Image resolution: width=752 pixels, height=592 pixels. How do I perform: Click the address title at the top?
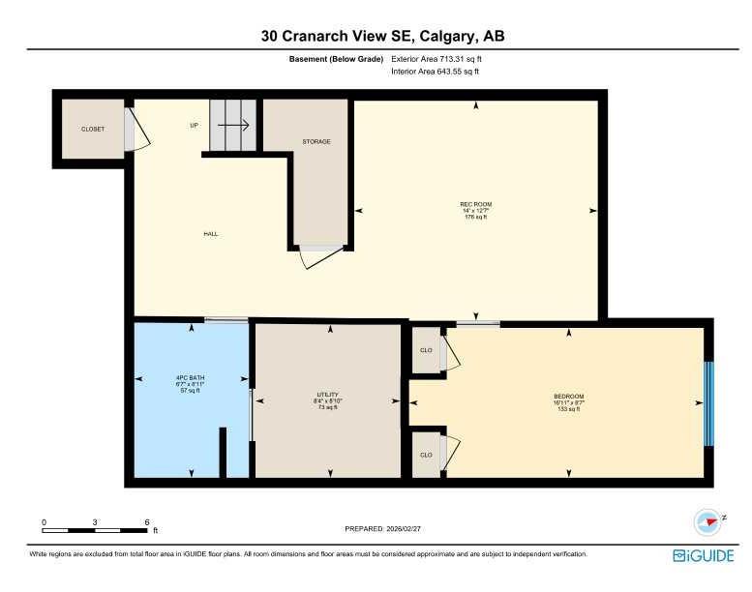pyautogui.click(x=381, y=36)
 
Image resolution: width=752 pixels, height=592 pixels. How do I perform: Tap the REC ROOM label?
pyautogui.click(x=475, y=204)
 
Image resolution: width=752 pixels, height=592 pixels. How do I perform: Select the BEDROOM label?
pyautogui.click(x=568, y=397)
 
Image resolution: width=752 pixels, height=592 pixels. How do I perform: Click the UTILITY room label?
pyautogui.click(x=327, y=396)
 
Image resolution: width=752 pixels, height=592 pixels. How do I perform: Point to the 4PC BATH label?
pyautogui.click(x=190, y=377)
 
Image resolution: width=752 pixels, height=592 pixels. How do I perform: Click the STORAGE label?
pyautogui.click(x=316, y=142)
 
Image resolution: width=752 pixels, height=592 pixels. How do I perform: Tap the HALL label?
pyautogui.click(x=210, y=234)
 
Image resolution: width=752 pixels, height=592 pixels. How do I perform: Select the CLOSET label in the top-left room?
pyautogui.click(x=93, y=129)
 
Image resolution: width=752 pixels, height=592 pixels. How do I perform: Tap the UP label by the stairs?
pyautogui.click(x=194, y=125)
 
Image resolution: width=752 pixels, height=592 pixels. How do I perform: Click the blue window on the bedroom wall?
pyautogui.click(x=708, y=403)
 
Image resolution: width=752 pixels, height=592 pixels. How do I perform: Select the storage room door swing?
pyautogui.click(x=321, y=256)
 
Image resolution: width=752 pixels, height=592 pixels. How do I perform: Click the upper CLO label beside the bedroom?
pyautogui.click(x=425, y=351)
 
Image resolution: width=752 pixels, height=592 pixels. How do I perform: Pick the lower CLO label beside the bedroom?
pyautogui.click(x=425, y=454)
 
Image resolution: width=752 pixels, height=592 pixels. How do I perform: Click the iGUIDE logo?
pyautogui.click(x=702, y=555)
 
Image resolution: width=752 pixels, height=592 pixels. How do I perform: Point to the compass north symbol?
pyautogui.click(x=709, y=520)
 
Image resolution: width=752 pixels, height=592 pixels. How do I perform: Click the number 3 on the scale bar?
pyautogui.click(x=95, y=522)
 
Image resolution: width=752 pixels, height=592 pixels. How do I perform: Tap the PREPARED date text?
pyautogui.click(x=384, y=528)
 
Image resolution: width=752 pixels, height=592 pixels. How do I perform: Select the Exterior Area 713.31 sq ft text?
pyautogui.click(x=436, y=59)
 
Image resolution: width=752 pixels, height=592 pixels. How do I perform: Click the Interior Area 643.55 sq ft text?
pyautogui.click(x=435, y=72)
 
